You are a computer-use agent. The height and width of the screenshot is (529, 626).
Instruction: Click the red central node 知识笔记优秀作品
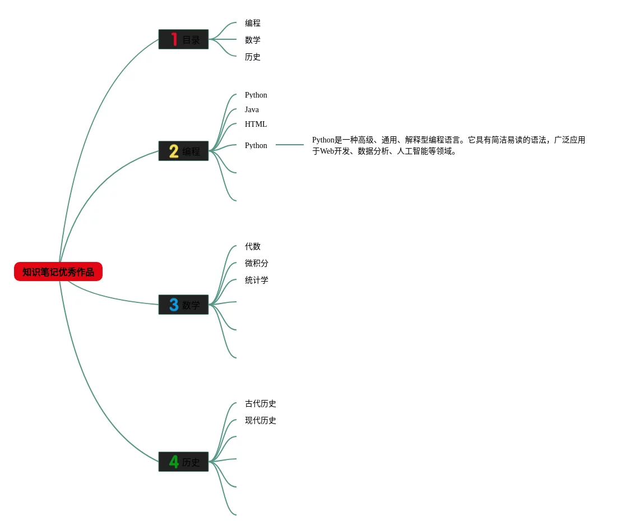click(58, 272)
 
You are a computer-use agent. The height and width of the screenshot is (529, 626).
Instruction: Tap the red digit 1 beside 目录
click(174, 39)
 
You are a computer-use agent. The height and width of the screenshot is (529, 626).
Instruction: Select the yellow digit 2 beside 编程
click(174, 151)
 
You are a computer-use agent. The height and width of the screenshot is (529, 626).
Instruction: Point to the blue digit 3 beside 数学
click(174, 305)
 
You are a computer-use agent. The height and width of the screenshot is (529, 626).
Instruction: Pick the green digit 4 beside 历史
click(174, 462)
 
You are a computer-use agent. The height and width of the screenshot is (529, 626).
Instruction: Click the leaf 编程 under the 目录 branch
click(253, 24)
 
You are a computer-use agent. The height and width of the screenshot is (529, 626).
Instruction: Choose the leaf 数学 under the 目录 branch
click(253, 40)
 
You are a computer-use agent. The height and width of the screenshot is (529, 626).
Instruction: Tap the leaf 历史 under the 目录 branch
click(253, 57)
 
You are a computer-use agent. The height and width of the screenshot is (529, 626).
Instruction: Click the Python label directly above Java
click(256, 95)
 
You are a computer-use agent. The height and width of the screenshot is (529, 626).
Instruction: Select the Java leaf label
click(252, 110)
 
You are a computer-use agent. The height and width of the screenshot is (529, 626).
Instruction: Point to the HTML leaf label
click(256, 125)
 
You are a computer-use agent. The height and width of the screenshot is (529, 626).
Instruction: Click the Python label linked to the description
click(256, 146)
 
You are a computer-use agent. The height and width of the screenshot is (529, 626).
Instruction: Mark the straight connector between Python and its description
click(290, 145)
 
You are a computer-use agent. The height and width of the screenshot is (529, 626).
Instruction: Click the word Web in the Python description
click(327, 151)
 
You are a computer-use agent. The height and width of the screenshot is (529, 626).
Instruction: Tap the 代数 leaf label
click(253, 247)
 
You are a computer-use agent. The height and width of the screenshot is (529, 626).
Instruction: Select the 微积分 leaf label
click(257, 264)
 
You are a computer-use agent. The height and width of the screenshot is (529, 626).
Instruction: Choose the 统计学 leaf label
click(257, 280)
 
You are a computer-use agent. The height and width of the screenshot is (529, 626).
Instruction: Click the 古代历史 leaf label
click(261, 404)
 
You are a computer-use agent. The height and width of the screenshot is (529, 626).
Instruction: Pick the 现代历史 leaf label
click(261, 421)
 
